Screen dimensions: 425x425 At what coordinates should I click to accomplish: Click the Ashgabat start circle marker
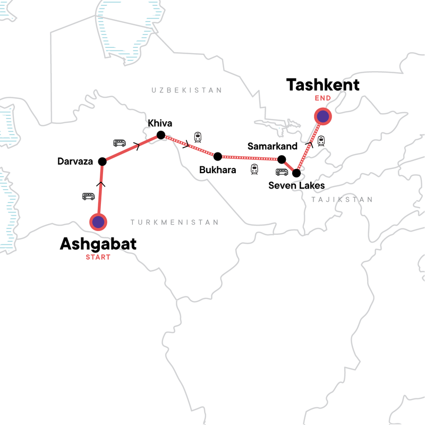tap(98, 223)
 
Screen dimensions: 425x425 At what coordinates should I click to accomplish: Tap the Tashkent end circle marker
tap(322, 115)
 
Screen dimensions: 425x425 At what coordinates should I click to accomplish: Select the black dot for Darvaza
tap(103, 161)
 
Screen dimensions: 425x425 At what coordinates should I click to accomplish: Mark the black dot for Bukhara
tap(217, 156)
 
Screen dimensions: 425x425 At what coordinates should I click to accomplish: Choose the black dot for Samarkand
tap(282, 159)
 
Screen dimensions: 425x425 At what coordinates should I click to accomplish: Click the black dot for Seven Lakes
tap(296, 173)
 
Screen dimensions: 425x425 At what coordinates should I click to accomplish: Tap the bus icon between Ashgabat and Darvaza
tap(88, 197)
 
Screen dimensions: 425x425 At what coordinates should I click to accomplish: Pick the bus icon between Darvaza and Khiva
tap(120, 143)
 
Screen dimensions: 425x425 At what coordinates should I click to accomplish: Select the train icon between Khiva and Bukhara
tap(198, 138)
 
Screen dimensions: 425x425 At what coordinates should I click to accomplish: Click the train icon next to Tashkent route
tap(321, 141)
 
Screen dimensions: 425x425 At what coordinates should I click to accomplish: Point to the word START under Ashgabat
tap(98, 258)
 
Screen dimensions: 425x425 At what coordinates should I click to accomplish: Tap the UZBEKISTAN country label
tap(186, 90)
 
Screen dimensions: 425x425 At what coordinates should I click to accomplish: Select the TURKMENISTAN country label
tap(175, 223)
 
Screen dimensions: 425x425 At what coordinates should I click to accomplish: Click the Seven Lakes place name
tap(296, 185)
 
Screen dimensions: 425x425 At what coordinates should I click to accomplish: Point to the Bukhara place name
tap(218, 170)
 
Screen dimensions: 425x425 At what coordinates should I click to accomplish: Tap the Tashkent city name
tap(323, 84)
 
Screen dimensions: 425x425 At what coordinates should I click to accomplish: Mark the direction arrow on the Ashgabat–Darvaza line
tap(101, 184)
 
